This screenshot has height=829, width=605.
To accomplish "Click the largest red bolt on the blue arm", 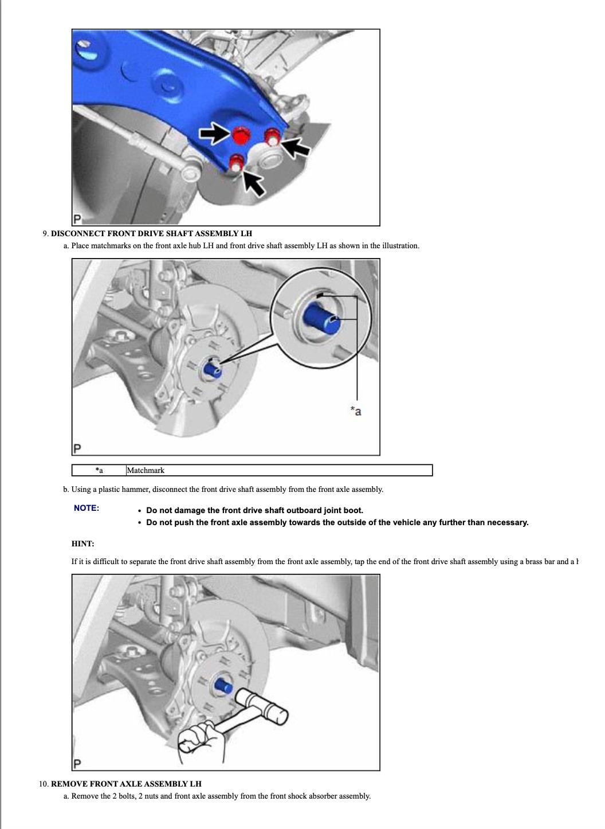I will [x=240, y=135].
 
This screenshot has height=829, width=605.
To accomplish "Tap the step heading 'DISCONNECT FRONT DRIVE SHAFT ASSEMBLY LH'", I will [x=151, y=234].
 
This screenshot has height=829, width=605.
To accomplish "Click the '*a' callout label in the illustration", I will [x=356, y=411].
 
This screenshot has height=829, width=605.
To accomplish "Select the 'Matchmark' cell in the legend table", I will [x=146, y=471].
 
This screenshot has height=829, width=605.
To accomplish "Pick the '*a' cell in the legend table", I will [x=99, y=471].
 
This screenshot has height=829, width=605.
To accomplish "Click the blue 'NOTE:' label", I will [x=87, y=508].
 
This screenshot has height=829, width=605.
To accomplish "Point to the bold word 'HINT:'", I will [x=83, y=543].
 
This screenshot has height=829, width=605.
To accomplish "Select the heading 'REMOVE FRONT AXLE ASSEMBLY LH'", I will [x=126, y=784].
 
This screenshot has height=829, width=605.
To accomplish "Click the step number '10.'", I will [x=44, y=784].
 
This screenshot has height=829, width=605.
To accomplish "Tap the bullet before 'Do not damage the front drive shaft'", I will [x=140, y=511].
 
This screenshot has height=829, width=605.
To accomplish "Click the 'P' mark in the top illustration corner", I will [x=77, y=219].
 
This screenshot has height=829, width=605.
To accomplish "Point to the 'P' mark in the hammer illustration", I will [x=77, y=764].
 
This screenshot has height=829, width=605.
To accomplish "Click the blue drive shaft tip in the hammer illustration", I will [x=223, y=685].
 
